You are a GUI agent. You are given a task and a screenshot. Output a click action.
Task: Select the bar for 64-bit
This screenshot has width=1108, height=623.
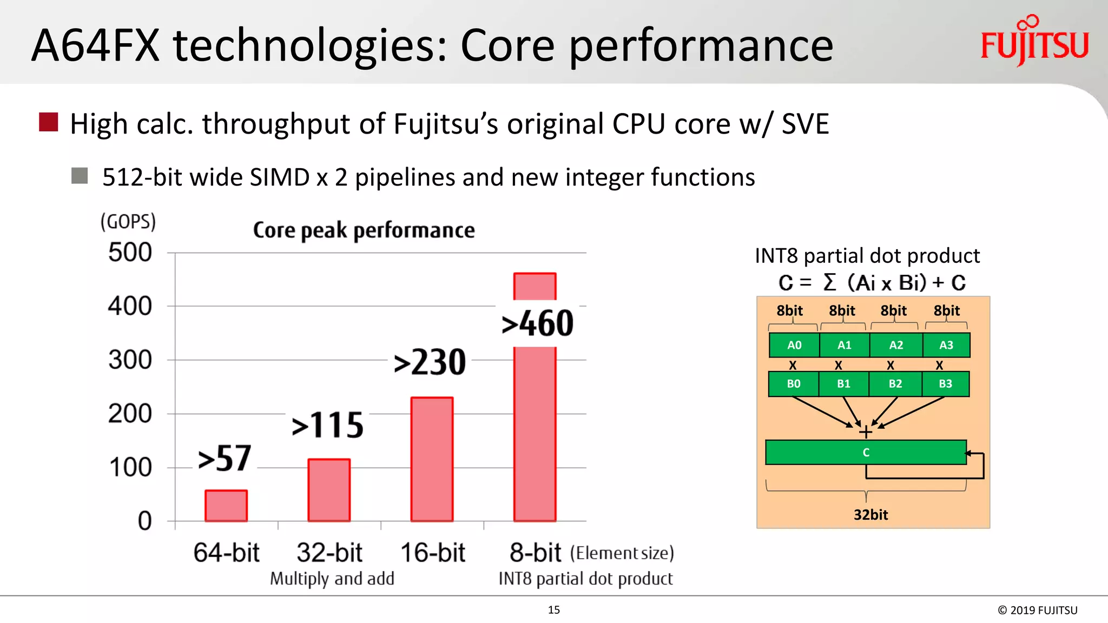(226, 506)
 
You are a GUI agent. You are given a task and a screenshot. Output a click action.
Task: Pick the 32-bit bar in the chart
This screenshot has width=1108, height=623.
(329, 490)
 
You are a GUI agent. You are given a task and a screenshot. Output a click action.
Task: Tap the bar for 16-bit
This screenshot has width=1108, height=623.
(432, 459)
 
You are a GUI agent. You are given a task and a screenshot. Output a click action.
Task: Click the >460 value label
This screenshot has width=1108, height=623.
(537, 323)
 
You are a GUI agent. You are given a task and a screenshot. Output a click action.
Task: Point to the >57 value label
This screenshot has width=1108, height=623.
(225, 459)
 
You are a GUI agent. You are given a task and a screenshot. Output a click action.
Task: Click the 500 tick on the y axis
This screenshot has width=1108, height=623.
(130, 253)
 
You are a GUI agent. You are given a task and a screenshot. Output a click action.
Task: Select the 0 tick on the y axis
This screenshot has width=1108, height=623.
(144, 521)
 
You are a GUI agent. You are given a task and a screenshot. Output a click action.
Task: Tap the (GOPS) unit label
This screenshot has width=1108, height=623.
(128, 222)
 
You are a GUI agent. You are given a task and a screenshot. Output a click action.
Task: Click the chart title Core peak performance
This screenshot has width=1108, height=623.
(364, 230)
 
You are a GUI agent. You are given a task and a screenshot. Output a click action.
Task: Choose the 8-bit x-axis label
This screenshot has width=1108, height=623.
(535, 553)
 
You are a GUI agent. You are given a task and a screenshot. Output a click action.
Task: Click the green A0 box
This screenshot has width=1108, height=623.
(794, 345)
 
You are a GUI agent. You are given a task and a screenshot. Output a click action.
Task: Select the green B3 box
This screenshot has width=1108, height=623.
(945, 384)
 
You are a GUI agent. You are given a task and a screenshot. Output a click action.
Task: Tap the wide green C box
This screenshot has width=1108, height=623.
(866, 452)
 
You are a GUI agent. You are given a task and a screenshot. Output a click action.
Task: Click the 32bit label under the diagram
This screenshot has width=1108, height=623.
(870, 515)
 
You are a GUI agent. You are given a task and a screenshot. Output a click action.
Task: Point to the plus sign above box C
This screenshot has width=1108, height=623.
(866, 432)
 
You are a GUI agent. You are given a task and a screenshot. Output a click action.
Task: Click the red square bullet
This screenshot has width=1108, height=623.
(49, 122)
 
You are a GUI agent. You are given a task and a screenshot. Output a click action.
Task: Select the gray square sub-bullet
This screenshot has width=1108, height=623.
(80, 176)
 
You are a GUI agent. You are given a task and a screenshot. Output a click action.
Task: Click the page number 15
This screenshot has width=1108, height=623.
(553, 610)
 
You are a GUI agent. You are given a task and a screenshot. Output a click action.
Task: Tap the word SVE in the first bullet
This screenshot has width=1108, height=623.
(805, 124)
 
